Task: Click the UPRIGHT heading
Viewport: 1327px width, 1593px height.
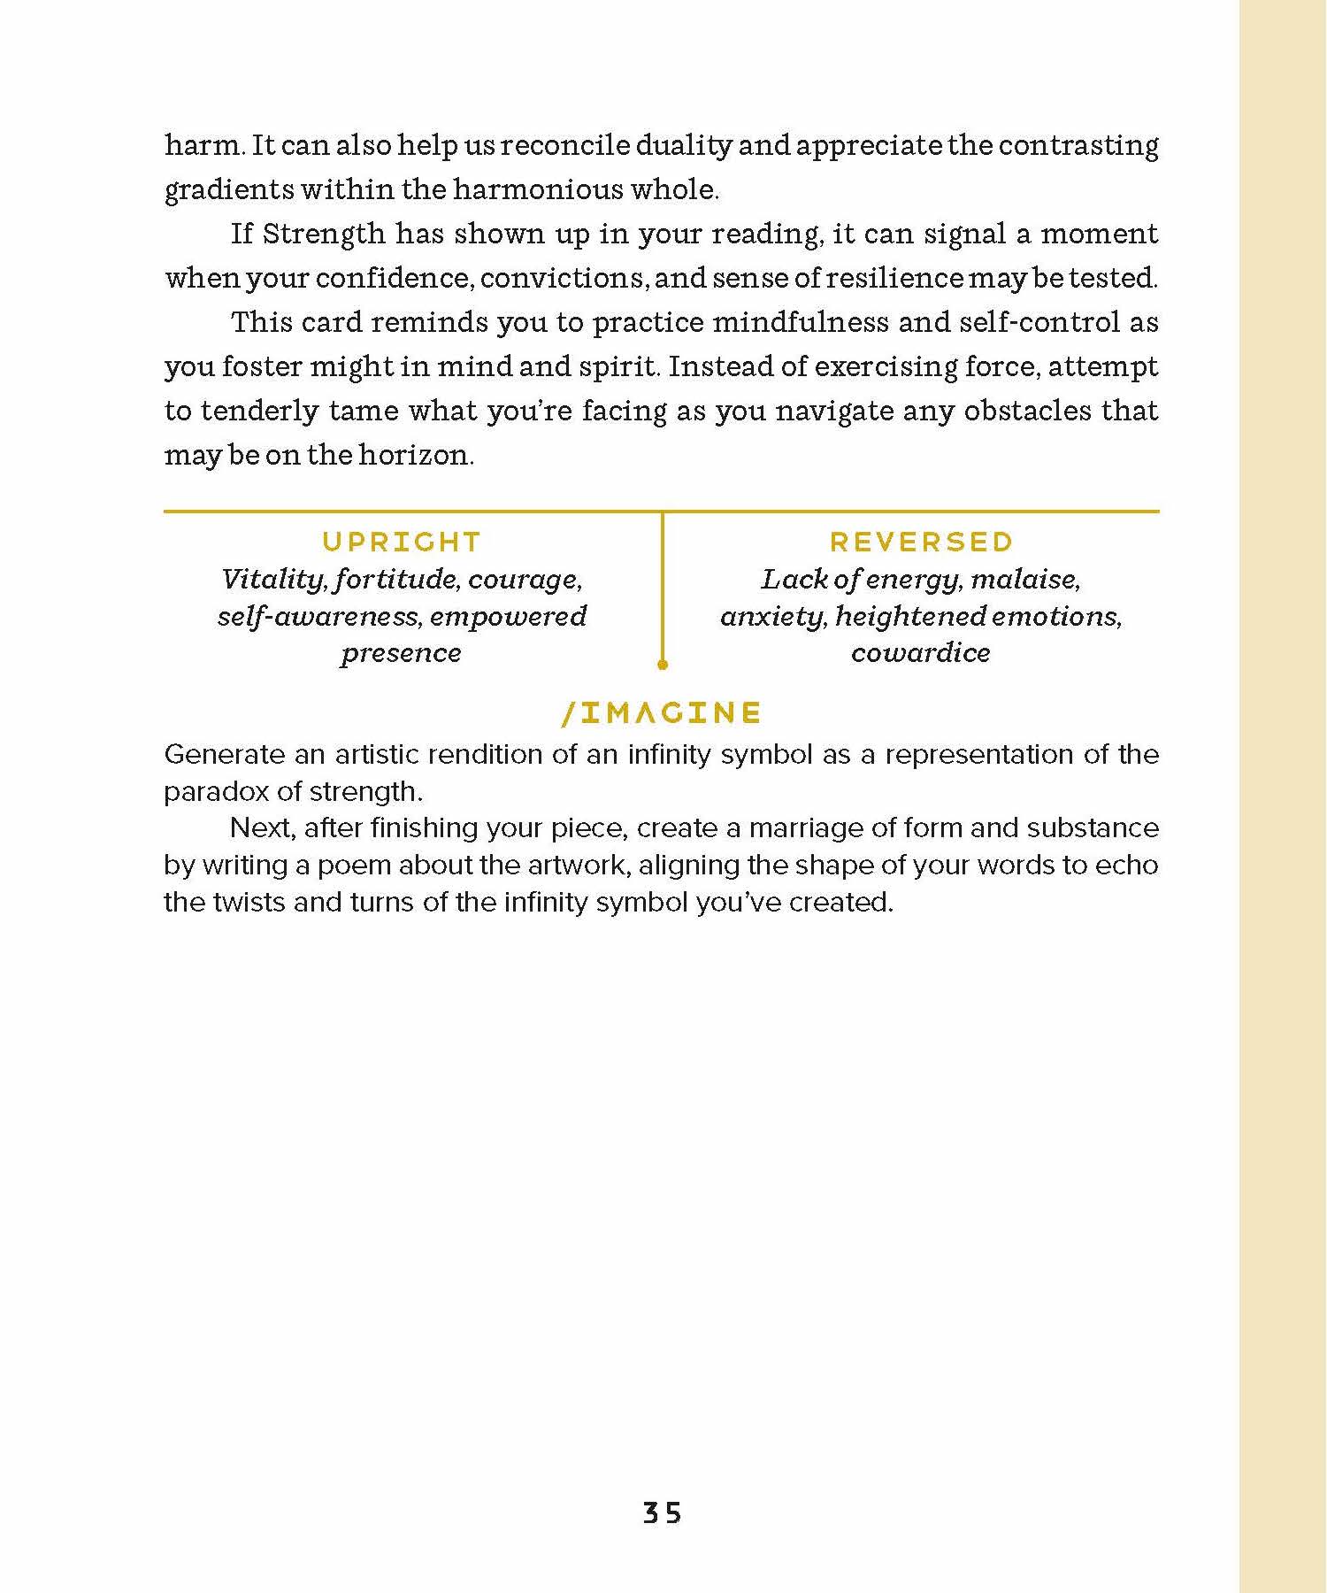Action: coord(402,542)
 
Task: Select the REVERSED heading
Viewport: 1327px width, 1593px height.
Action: coord(921,542)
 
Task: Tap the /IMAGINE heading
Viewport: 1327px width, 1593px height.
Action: coord(662,713)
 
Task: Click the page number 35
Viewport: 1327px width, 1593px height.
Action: coord(662,1513)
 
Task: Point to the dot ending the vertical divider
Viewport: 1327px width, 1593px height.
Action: coord(663,664)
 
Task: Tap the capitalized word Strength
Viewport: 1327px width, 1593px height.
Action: coord(324,234)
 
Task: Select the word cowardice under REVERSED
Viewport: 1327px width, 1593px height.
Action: coord(921,653)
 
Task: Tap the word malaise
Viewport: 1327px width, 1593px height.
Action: coord(1025,580)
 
